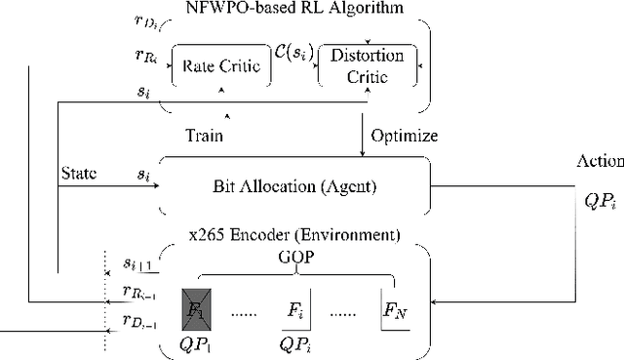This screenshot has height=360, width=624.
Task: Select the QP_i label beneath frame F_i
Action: click(294, 345)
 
